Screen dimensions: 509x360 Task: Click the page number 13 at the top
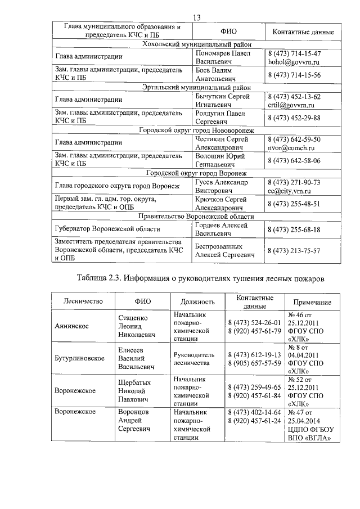pos(197,17)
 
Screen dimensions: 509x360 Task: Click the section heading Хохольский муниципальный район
pos(196,43)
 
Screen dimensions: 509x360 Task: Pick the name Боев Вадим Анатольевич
pos(214,74)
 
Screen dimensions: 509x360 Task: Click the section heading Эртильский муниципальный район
pos(196,87)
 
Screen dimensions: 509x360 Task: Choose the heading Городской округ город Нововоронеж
pos(196,130)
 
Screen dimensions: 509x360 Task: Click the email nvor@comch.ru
pos(291,147)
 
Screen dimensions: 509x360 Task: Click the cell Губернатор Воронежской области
pos(107,229)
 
